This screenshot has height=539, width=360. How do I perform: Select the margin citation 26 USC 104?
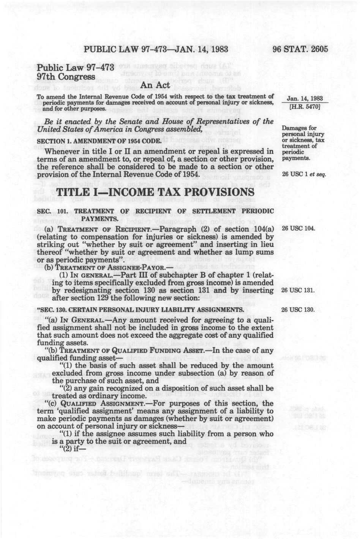tap(298, 229)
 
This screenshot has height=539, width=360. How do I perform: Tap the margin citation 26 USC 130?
tap(298, 310)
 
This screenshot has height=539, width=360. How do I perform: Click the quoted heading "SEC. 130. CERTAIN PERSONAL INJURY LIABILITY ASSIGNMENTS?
tap(140, 310)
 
